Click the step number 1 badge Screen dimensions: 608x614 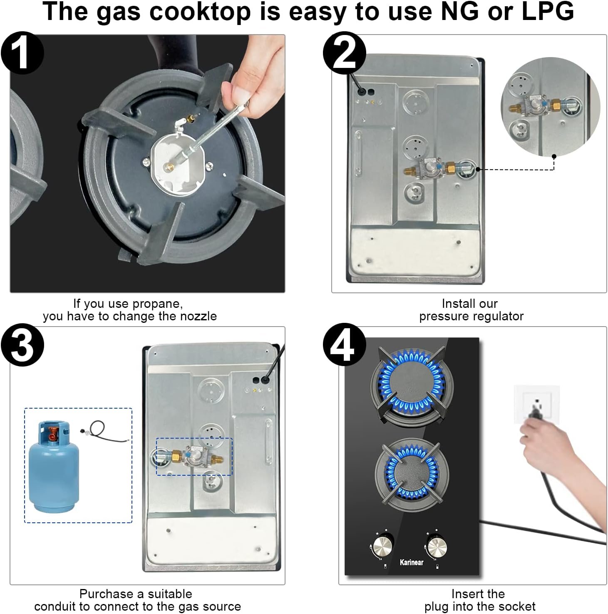[x=22, y=53]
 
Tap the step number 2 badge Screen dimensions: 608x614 [x=344, y=53]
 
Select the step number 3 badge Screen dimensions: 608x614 [x=22, y=345]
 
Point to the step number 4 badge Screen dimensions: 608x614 [x=344, y=345]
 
